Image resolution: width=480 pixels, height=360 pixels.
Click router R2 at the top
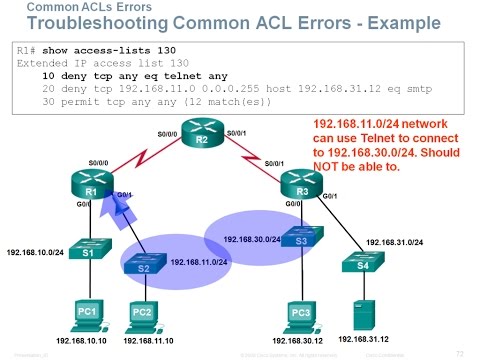tap(200, 138)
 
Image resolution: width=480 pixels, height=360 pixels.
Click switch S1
tap(88, 251)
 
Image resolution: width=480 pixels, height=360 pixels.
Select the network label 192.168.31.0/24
tap(396, 242)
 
